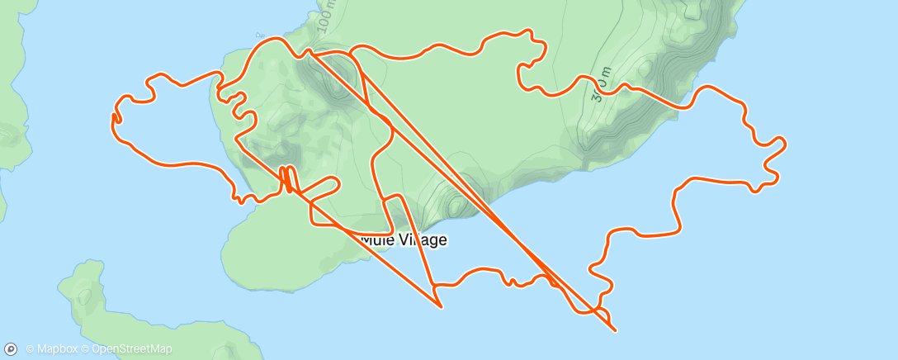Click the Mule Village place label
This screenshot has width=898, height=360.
pos(404,240)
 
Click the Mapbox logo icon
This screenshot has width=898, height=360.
pos(12,349)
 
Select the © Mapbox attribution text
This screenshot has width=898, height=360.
pos(52,349)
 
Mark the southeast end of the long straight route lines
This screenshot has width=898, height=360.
pos(616,330)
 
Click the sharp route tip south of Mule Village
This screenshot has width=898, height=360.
pos(442,307)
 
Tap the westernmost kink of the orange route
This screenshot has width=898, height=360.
pos(112,121)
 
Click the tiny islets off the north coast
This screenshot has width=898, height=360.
pos(261,36)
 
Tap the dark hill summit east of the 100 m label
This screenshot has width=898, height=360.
pos(334,83)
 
